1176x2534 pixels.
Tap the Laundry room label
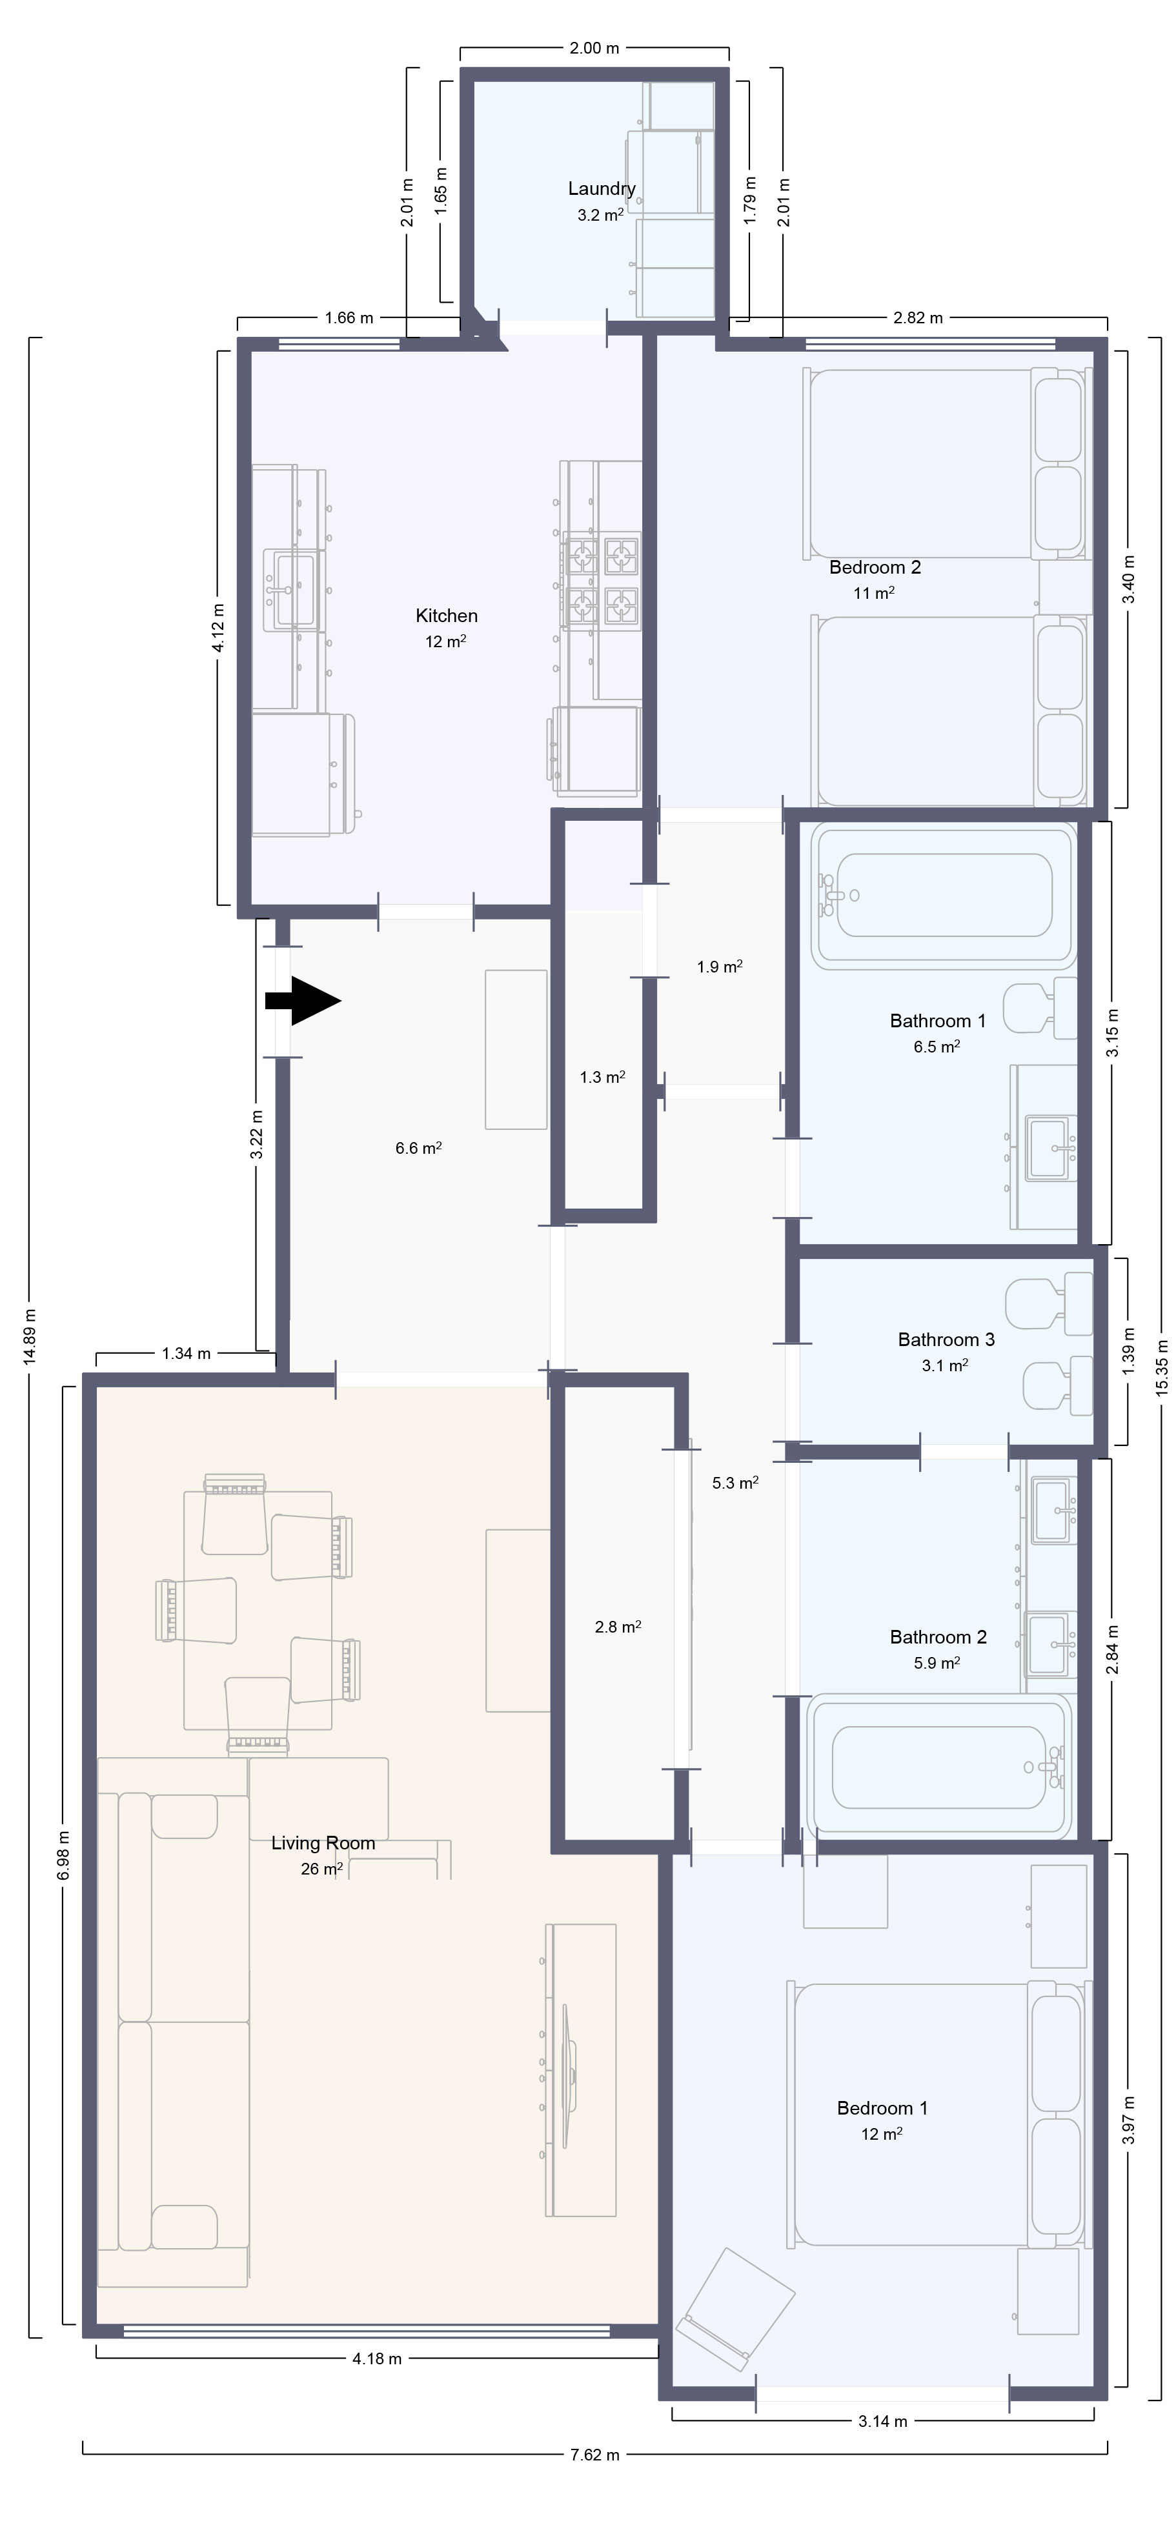(602, 189)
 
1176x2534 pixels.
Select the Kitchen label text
(447, 616)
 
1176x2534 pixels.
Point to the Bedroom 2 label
(875, 568)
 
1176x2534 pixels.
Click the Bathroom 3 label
(946, 1340)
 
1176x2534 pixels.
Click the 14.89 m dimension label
(30, 1335)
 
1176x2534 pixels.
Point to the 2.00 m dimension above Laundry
(594, 47)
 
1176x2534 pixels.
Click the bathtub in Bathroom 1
(943, 895)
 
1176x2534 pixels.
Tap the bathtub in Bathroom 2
(939, 1767)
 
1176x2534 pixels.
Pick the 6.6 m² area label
(418, 1148)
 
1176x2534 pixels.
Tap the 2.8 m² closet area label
(618, 1627)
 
